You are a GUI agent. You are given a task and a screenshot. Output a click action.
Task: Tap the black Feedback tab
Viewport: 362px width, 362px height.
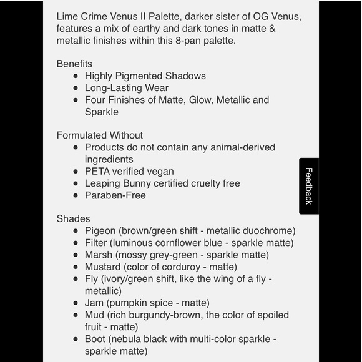309,186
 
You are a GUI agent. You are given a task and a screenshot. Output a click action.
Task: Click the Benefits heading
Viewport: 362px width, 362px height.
74,64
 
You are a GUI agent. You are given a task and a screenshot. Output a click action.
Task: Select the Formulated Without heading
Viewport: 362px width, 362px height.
100,135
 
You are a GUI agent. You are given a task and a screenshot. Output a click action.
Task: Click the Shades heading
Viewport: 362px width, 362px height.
73,219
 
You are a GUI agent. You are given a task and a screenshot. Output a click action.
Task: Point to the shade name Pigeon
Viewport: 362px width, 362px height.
100,231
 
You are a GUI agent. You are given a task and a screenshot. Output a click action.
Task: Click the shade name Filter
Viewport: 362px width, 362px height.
97,243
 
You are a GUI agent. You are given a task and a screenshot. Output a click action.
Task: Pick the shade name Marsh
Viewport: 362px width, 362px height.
99,255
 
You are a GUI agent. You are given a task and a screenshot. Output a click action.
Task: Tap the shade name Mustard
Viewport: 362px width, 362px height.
104,267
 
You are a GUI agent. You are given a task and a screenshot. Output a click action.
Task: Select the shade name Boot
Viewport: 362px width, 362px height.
97,339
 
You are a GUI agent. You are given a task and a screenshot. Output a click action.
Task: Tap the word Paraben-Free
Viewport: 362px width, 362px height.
115,195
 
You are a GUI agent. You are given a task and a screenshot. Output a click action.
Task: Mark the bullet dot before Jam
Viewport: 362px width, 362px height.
76,303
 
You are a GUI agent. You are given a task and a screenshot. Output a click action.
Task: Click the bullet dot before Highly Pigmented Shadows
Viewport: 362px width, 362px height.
76,76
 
